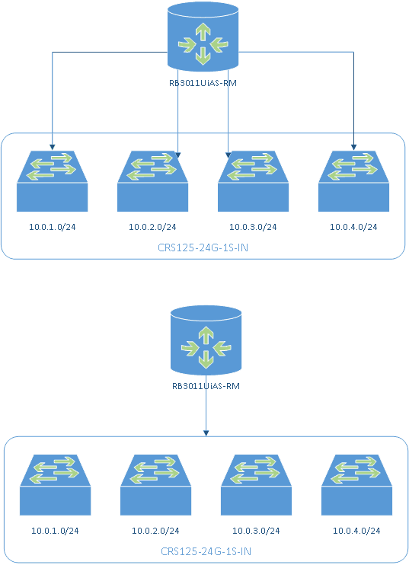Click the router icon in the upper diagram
tap(203, 37)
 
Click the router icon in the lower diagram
tap(206, 340)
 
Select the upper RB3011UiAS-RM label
tap(203, 83)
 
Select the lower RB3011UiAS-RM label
tap(206, 386)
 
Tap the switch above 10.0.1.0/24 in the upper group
tap(53, 181)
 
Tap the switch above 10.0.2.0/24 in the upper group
tap(153, 181)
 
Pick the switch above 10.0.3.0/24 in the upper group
tap(254, 181)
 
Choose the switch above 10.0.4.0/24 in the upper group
tap(354, 181)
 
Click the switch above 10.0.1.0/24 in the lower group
tap(55, 485)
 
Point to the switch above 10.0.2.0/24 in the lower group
tap(155, 485)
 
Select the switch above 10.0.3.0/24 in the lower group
tap(256, 485)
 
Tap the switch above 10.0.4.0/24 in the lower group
tap(356, 485)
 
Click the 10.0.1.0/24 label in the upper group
tap(53, 227)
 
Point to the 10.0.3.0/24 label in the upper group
tap(253, 227)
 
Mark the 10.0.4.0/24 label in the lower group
tap(356, 531)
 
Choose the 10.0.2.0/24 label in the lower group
tap(155, 531)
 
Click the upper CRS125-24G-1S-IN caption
tap(203, 248)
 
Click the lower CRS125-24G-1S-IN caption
tap(206, 551)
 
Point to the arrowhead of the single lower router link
tap(206, 433)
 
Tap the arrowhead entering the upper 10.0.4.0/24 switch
tap(354, 148)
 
